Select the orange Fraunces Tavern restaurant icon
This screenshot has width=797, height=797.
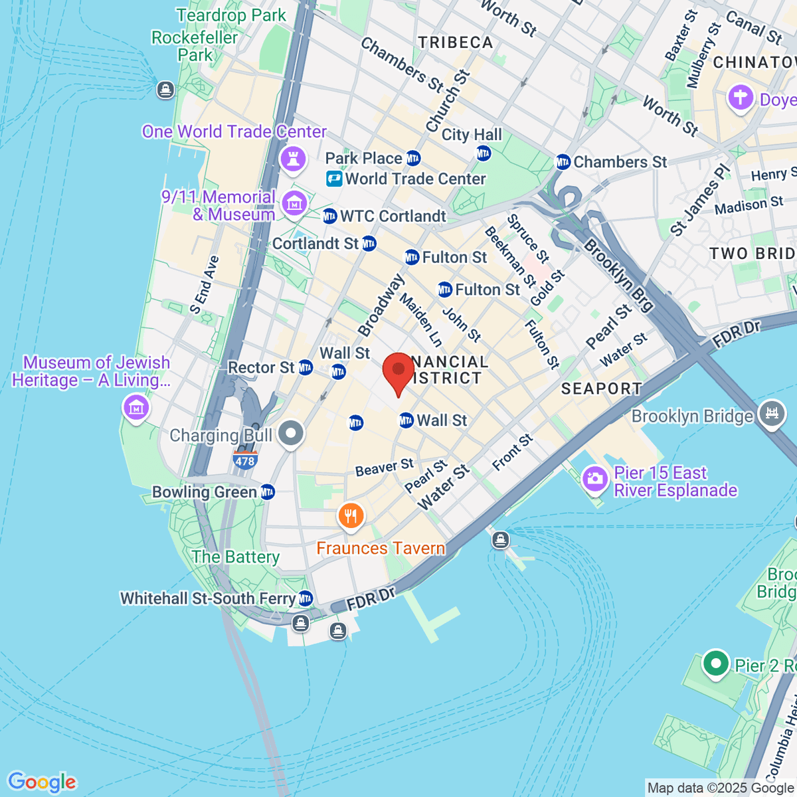click(x=351, y=516)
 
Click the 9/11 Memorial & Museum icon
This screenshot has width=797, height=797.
click(x=294, y=203)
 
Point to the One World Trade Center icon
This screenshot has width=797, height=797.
click(x=293, y=158)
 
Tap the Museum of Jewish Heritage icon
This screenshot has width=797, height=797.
click(x=137, y=406)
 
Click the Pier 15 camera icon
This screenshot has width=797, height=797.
click(x=594, y=480)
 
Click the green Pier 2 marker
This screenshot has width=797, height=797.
click(x=715, y=664)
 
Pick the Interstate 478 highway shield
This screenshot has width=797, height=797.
click(x=245, y=460)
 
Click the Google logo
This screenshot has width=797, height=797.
click(x=42, y=782)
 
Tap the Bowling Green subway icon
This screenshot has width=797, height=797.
click(x=268, y=492)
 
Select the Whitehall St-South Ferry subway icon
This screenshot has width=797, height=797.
click(x=305, y=598)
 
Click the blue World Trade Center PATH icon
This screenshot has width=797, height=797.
click(x=333, y=179)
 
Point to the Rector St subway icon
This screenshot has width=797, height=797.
click(x=305, y=367)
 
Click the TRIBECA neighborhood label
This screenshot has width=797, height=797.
click(x=456, y=43)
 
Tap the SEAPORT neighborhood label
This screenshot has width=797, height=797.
click(x=601, y=389)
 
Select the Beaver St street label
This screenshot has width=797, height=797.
click(x=384, y=468)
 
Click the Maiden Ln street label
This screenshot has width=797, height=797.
click(x=420, y=320)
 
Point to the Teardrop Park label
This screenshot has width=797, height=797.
click(x=231, y=15)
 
